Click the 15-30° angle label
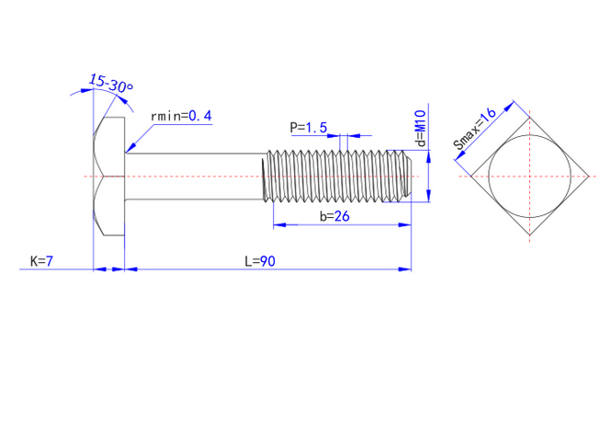(x=111, y=84)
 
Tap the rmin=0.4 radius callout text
(x=181, y=116)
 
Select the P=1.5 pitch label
(x=308, y=127)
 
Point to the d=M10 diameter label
(x=420, y=129)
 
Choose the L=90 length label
(x=260, y=261)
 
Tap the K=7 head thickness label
(x=42, y=261)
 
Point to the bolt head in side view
(x=109, y=177)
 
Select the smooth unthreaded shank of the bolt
(x=193, y=176)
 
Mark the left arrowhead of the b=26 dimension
(x=277, y=224)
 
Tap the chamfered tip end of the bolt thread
(x=406, y=176)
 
